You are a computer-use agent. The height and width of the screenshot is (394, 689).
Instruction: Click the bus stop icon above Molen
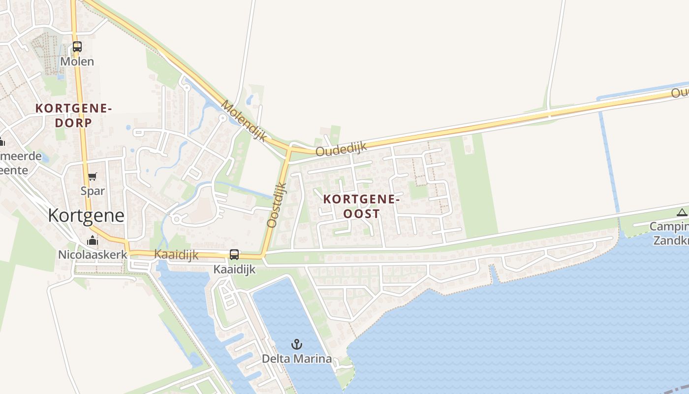point(77,47)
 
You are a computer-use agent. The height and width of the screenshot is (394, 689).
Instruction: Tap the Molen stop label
point(77,62)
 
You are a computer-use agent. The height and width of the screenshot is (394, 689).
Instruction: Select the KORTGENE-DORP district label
point(74,115)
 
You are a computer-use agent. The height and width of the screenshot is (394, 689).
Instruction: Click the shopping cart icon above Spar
point(92,177)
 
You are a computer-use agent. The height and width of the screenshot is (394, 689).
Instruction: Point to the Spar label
point(93,191)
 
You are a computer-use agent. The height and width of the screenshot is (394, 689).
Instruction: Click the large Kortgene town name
point(86,216)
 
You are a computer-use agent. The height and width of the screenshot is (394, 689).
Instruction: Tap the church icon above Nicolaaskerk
point(93,241)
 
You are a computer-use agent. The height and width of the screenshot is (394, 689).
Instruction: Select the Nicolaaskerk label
point(93,255)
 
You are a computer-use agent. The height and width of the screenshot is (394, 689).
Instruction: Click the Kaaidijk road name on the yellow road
point(176,254)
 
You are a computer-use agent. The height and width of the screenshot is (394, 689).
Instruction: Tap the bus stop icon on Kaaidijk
point(234,255)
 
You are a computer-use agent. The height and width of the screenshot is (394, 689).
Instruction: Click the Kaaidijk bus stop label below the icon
point(234,269)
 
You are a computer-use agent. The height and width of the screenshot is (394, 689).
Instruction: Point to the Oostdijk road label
point(277,205)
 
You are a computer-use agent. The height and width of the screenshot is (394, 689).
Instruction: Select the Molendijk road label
point(244,121)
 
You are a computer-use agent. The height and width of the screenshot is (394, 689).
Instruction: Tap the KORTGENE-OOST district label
point(361,206)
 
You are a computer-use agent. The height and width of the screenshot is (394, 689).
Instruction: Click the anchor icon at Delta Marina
point(296,344)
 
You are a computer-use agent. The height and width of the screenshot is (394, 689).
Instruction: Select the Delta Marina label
point(296,359)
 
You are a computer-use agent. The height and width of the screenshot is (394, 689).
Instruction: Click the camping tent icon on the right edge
point(682,213)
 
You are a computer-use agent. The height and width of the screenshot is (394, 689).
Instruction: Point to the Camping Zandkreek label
point(669,233)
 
